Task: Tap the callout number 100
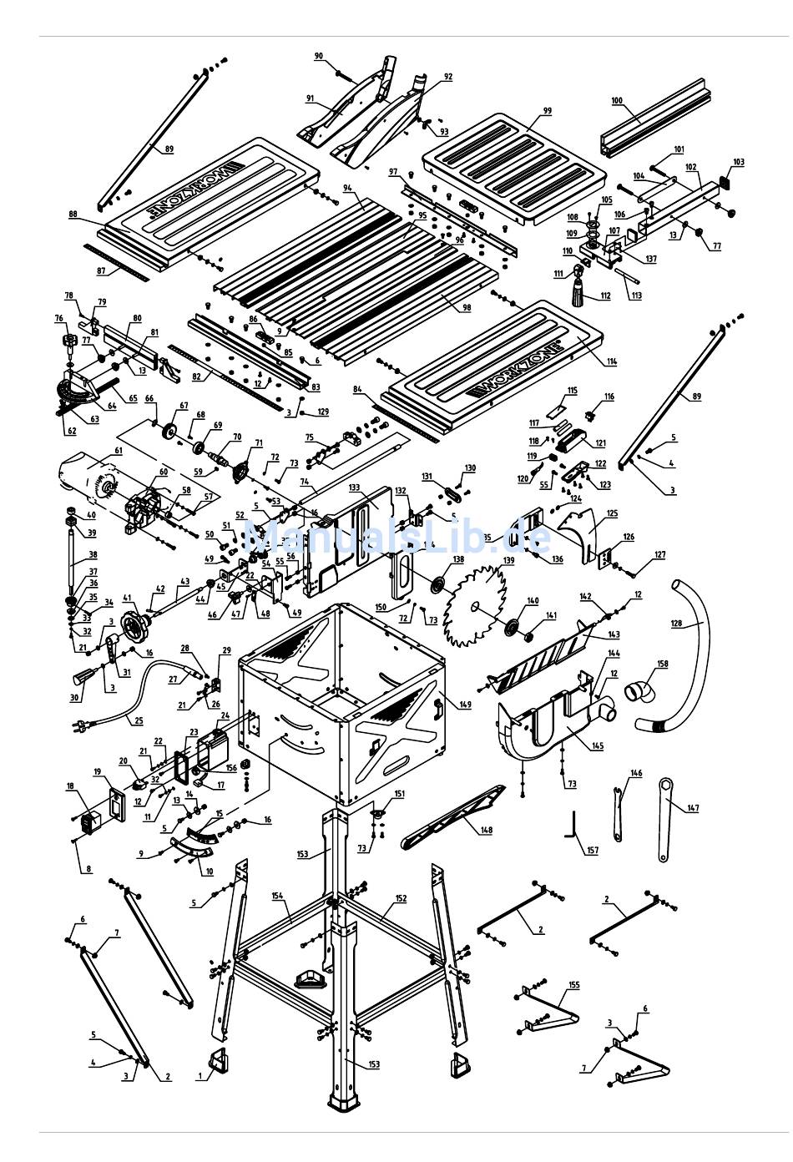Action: [617, 101]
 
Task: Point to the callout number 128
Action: [675, 623]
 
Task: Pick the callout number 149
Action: [465, 705]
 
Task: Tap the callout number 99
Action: [548, 111]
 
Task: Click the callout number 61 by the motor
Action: [118, 451]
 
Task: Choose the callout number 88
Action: [73, 215]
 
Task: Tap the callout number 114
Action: [612, 361]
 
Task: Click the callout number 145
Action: [598, 745]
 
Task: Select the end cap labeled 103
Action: [724, 180]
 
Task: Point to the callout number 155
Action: [573, 986]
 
